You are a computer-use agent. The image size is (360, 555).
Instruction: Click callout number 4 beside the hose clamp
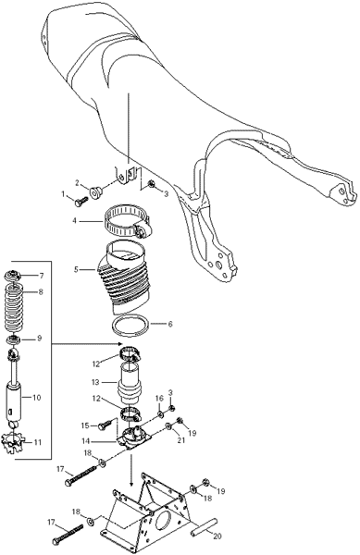pos(74,221)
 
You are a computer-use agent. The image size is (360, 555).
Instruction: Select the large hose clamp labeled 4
pos(128,222)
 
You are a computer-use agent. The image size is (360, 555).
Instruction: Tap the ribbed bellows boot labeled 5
pos(123,276)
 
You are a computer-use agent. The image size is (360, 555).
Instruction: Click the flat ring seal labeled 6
pos(130,326)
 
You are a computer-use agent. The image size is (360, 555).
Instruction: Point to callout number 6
pos(170,324)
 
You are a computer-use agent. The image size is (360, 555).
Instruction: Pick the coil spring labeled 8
pos(14,307)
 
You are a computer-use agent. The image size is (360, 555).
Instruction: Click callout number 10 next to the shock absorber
pos(36,398)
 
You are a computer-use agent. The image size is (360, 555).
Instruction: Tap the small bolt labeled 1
pos(81,202)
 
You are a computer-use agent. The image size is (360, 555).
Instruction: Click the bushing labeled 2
pos(95,192)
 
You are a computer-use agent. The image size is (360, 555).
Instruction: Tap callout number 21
pos(181,440)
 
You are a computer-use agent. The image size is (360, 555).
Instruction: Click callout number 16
pos(159,399)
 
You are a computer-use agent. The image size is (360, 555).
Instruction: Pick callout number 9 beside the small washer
pos(39,339)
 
